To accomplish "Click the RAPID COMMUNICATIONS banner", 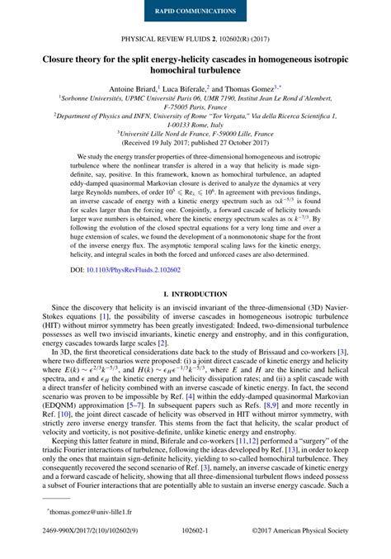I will (195, 12).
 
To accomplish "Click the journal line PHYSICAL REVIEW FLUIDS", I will (195, 39).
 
